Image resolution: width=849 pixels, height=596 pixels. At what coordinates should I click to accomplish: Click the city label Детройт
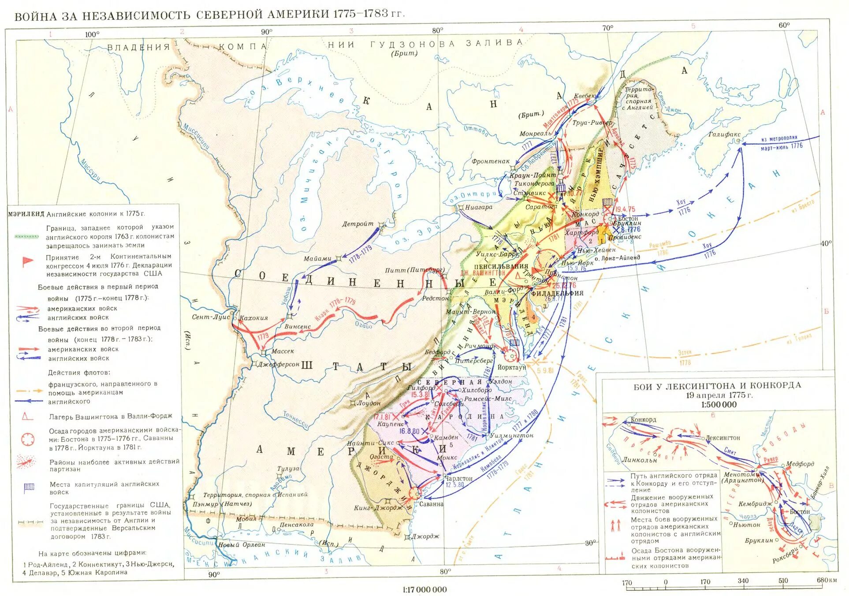pos(357,224)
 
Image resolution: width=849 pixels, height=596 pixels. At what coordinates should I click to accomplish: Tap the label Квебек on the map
pos(585,96)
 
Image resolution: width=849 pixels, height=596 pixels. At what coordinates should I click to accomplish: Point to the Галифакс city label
pos(724,134)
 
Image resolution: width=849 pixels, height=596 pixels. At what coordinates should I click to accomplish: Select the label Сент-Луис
pos(211,317)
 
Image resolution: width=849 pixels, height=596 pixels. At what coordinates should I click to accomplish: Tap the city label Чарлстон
pos(458,478)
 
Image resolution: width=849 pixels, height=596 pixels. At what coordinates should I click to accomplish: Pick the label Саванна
pos(431,504)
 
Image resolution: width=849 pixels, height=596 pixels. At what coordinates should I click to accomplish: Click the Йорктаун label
pos(511,367)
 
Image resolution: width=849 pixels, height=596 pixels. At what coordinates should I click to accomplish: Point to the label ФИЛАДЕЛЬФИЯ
pos(557,293)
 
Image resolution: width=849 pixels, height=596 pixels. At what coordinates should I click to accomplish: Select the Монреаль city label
pos(535,134)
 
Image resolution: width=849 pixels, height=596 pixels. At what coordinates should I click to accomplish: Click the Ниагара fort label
pos(478,207)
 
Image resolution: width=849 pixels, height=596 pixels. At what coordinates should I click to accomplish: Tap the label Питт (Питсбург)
pos(414,270)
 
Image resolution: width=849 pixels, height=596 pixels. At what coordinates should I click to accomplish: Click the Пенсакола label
pos(297,525)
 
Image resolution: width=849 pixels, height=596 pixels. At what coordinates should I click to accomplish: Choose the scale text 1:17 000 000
pos(424,589)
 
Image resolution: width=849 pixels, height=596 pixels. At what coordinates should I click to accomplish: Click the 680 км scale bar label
pos(827,580)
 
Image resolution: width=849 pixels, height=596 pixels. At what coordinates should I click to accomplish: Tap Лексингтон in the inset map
pos(722,438)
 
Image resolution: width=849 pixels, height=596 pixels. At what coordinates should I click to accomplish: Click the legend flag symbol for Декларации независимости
pos(28,262)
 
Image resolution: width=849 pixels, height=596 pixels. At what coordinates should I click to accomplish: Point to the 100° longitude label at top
pos(92,34)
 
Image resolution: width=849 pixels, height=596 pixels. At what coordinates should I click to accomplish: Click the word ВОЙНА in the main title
pos(36,17)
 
